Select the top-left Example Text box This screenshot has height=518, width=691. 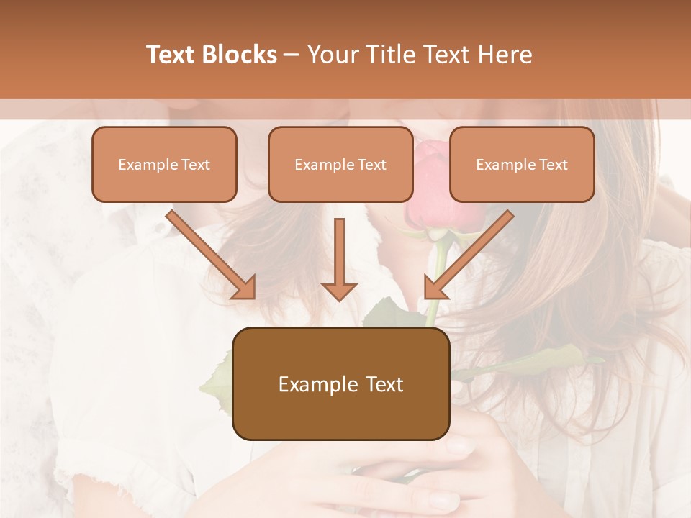(164, 164)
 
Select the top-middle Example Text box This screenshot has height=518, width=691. (340, 164)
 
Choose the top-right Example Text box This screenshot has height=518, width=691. (522, 164)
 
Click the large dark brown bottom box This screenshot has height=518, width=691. (340, 383)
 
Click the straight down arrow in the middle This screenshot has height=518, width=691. (339, 259)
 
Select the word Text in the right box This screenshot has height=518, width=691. (553, 165)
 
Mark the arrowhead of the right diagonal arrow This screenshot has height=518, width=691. (435, 288)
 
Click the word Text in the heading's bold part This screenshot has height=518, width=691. (171, 55)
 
